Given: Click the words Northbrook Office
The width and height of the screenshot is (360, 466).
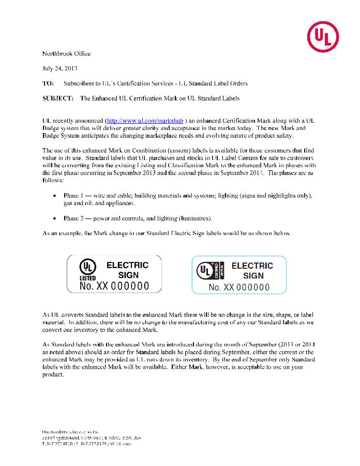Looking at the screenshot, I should (66, 54).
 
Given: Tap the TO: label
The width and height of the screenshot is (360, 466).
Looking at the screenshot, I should (48, 83).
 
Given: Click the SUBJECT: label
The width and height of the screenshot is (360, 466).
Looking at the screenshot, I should (57, 98).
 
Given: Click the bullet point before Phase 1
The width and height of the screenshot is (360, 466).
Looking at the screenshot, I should (55, 196).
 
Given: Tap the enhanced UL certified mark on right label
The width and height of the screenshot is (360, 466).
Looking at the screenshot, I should (209, 270).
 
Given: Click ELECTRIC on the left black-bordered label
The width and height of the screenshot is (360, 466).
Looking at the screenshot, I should (127, 265).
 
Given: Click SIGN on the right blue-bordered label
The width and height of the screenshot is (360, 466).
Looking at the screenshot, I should (253, 276).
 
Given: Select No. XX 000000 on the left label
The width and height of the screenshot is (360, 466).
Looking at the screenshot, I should (114, 286).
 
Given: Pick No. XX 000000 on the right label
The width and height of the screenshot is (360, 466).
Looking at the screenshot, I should (239, 287).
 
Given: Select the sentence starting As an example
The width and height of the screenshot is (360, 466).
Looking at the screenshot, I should (167, 234).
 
